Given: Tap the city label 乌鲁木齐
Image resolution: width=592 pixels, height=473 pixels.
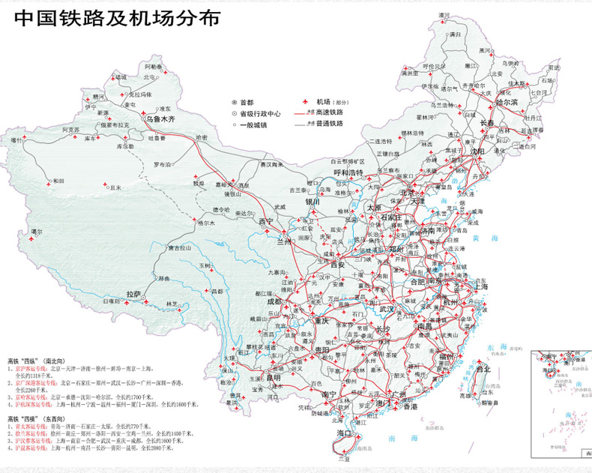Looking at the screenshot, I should pyautogui.click(x=160, y=118).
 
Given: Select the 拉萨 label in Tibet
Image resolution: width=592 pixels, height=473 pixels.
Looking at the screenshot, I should pyautogui.click(x=134, y=294).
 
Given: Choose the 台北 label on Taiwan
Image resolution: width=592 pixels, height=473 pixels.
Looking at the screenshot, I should pyautogui.click(x=483, y=369).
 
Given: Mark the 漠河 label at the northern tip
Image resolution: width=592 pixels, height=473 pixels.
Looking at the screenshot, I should pyautogui.click(x=444, y=15).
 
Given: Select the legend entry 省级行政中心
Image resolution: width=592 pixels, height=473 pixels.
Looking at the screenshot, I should pyautogui.click(x=260, y=114).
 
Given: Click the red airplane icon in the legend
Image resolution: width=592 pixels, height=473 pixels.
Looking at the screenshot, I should pyautogui.click(x=305, y=102).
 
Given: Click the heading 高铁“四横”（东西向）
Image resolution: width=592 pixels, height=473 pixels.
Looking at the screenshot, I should pyautogui.click(x=37, y=418).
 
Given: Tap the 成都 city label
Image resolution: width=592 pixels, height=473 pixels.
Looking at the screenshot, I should pyautogui.click(x=274, y=301).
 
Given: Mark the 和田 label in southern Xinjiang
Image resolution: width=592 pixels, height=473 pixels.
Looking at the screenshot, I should pyautogui.click(x=58, y=181).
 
